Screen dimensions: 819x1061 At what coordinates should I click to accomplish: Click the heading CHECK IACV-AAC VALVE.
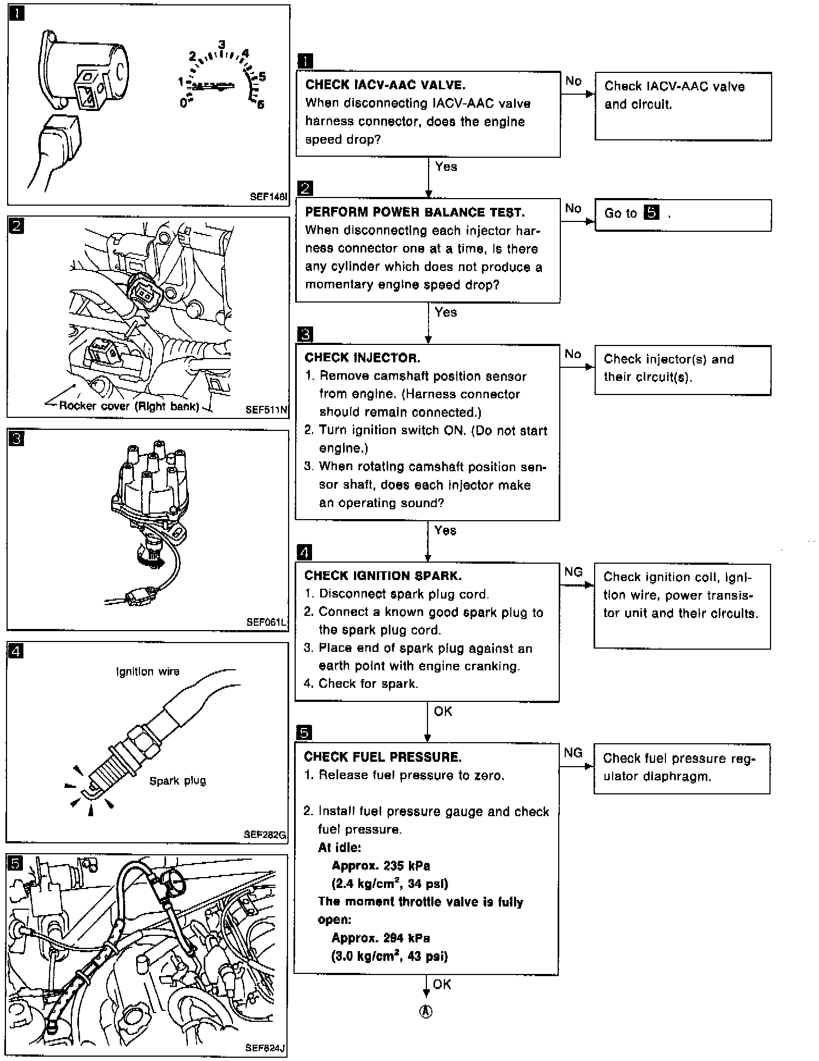pos(386,85)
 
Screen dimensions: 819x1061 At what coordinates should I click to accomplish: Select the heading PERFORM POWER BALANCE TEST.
pos(415,212)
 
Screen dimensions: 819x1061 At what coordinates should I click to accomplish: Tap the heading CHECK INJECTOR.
pos(363,357)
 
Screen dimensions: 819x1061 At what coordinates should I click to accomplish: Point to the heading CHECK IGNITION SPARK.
pos(383,576)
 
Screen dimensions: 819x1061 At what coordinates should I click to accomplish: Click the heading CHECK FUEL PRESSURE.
pos(383,757)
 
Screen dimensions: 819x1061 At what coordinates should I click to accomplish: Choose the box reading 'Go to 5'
pos(683,215)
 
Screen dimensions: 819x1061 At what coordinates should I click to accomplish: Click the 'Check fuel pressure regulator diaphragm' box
pos(682,768)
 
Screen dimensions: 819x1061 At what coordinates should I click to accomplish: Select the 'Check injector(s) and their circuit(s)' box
pos(683,370)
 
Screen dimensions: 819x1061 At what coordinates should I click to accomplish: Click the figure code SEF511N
pos(266,410)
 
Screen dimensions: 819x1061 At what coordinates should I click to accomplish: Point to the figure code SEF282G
pos(265,834)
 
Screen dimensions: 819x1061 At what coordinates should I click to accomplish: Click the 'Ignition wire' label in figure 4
pos(148,672)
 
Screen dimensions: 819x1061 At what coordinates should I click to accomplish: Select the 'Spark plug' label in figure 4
pos(178,781)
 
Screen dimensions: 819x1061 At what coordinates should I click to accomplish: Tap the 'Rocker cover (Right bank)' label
pos(129,406)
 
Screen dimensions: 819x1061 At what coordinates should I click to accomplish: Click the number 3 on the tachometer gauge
pos(222,44)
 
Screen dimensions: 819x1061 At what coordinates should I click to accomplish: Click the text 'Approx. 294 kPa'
pos(381,938)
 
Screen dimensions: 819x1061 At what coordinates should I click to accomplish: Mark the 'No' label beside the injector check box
pos(573,354)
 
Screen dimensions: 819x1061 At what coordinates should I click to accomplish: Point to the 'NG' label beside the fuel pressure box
pos(573,753)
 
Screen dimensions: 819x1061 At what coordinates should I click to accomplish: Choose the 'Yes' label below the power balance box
pos(446,312)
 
